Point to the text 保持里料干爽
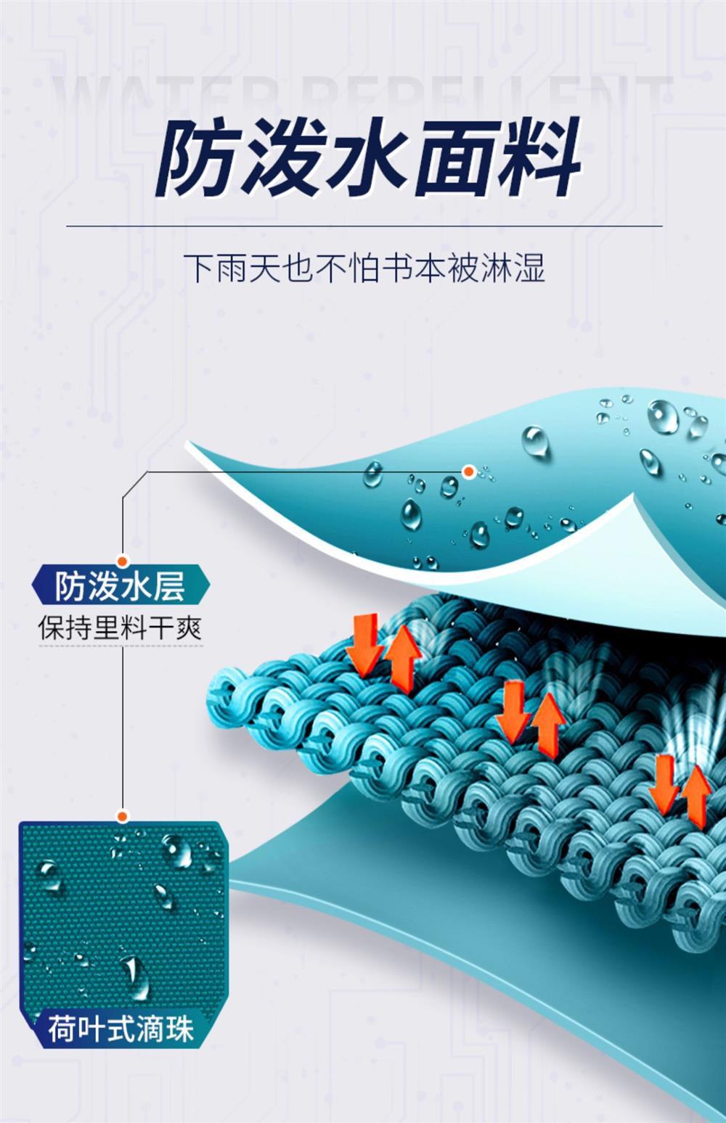[x=121, y=628]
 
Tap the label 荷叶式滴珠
[x=121, y=1028]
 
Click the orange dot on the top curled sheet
[x=469, y=472]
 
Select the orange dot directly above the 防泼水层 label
[x=123, y=560]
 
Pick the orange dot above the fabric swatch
[x=123, y=817]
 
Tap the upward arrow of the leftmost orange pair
[x=402, y=657]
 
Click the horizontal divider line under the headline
[x=363, y=226]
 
